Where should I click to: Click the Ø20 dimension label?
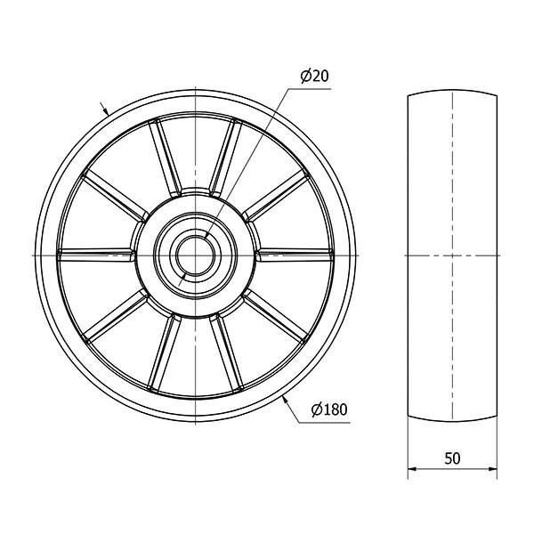pyautogui.click(x=315, y=77)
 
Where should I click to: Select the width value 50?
pyautogui.click(x=451, y=458)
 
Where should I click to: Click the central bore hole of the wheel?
pyautogui.click(x=194, y=255)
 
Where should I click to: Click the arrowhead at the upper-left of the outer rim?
pyautogui.click(x=104, y=112)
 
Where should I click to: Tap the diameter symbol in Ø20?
pyautogui.click(x=305, y=77)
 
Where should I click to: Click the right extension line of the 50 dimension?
pyautogui.click(x=496, y=445)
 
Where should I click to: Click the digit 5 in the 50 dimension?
pyautogui.click(x=447, y=458)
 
